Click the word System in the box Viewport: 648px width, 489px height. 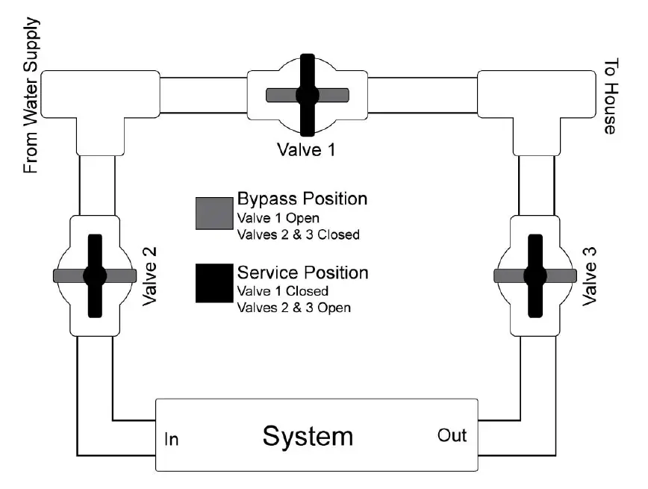click(307, 436)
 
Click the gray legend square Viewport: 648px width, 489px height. click(213, 213)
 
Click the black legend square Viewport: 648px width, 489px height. click(213, 284)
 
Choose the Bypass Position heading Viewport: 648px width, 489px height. click(302, 199)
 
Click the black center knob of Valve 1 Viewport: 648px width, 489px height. click(307, 95)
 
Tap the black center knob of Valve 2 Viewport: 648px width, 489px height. click(95, 275)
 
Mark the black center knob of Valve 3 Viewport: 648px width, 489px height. click(535, 275)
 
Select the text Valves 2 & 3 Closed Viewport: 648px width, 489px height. click(298, 235)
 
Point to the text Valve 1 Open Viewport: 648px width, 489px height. click(278, 219)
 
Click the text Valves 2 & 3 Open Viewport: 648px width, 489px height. click(293, 306)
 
